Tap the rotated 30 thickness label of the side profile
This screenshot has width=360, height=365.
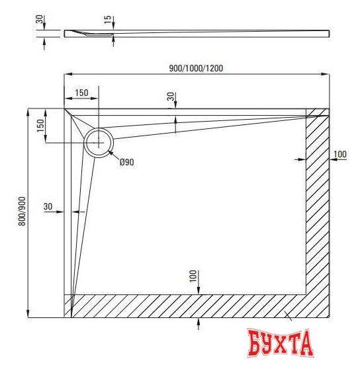pyautogui.click(x=40, y=20)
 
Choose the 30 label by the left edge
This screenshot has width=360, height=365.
pyautogui.click(x=48, y=206)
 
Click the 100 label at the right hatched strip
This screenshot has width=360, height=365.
pyautogui.click(x=339, y=155)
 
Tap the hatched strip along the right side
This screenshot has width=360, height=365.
pyautogui.click(x=317, y=205)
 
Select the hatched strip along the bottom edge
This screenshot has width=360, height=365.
pyautogui.click(x=192, y=305)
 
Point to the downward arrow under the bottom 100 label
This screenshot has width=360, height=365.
pyautogui.click(x=199, y=288)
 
